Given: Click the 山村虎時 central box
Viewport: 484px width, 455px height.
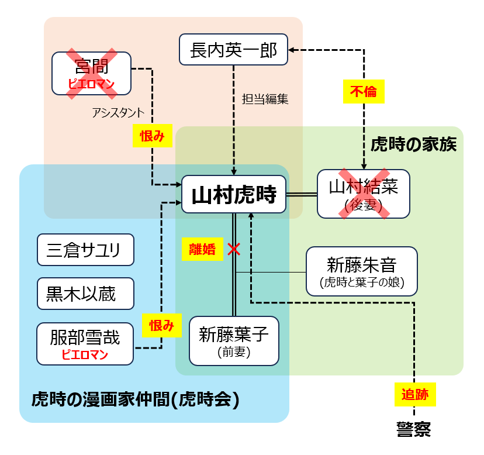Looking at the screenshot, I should coord(234,195).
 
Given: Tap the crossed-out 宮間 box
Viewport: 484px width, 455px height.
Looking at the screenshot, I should coord(91,74).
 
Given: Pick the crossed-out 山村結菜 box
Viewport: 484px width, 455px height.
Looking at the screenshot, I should coord(363,194).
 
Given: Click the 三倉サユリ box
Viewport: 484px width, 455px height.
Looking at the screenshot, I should coord(85,250).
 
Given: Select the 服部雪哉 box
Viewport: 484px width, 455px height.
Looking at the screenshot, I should coord(85,343).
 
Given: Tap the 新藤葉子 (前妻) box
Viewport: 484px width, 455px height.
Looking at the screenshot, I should coord(234,341).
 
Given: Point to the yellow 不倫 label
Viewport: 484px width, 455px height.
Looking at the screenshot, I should coord(364,92).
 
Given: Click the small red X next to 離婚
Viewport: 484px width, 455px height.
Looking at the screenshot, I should coord(234,249).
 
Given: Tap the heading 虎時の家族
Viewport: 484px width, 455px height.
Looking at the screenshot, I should coord(413,144).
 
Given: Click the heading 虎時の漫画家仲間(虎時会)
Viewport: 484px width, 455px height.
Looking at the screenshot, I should coord(136,400).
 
